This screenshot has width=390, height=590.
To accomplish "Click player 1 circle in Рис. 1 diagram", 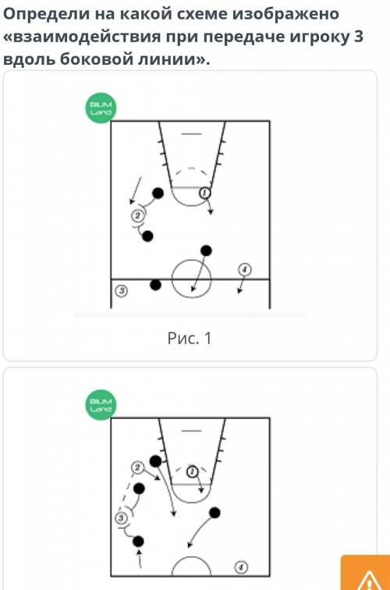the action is (204, 193).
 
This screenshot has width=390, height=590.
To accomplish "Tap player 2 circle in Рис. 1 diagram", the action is (137, 215).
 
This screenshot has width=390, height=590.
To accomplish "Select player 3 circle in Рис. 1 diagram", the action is (121, 290).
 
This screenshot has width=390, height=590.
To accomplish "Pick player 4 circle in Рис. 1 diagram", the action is (244, 269).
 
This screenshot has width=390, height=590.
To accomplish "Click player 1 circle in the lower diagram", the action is (192, 471).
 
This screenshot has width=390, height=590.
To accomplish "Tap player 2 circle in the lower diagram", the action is (137, 467).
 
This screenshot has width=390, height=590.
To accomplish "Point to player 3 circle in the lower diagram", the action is (121, 518).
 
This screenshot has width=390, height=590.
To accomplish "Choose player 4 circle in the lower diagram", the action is (241, 567).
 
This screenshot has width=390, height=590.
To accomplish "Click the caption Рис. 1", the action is (190, 338).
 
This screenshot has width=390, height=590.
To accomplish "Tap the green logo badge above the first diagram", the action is (101, 108).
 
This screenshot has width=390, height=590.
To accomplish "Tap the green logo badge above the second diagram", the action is (101, 405).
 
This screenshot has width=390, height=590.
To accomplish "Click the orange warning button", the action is (366, 572).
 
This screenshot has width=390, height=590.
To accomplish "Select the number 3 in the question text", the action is (358, 37).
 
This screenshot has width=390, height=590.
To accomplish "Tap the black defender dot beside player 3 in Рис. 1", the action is (155, 285).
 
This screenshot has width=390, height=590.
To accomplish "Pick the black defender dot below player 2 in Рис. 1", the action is (147, 236).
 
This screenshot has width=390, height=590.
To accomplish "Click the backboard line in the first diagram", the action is (192, 133).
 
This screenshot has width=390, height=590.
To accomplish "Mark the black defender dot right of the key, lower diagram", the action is (214, 513).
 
